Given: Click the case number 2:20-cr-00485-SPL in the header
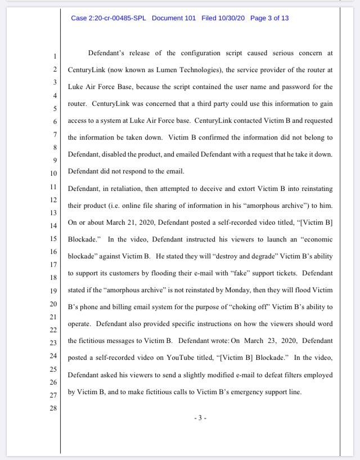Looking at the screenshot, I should coord(108,18).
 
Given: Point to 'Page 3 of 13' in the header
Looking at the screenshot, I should coord(269,18).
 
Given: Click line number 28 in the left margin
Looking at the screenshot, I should coord(53,407).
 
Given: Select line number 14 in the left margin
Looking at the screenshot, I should coord(53,225).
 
